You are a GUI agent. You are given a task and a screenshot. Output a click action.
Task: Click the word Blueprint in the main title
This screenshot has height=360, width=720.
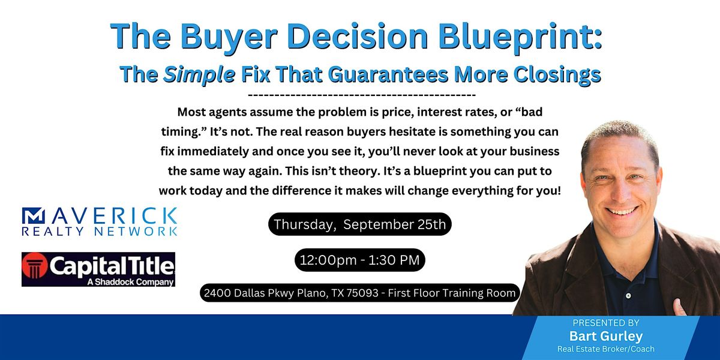point(520,37)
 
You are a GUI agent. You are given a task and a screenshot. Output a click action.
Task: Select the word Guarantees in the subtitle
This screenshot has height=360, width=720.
point(388,74)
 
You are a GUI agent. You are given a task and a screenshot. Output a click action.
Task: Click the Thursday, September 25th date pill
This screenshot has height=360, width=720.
point(359,224)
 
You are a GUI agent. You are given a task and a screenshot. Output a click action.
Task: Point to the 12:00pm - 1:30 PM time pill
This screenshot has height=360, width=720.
point(359,260)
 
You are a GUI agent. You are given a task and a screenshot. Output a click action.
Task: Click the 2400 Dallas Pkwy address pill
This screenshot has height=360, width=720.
point(359,293)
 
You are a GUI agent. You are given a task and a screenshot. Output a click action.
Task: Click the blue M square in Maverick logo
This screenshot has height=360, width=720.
point(33,215)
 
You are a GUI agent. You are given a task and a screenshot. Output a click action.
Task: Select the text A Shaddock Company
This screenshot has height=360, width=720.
point(131,282)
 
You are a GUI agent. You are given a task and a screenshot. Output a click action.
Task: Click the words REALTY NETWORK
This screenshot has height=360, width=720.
point(100,232)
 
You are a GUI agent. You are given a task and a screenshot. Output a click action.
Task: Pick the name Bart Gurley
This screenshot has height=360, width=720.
point(606,336)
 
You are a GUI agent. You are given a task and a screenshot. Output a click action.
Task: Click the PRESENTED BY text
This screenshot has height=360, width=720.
point(606,323)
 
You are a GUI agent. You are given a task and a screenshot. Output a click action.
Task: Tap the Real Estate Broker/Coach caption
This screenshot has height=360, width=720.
point(606,349)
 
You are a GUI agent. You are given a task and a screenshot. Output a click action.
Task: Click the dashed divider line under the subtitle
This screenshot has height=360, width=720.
point(362,95)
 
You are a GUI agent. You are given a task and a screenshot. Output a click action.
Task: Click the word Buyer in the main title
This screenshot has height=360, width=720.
point(229,37)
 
